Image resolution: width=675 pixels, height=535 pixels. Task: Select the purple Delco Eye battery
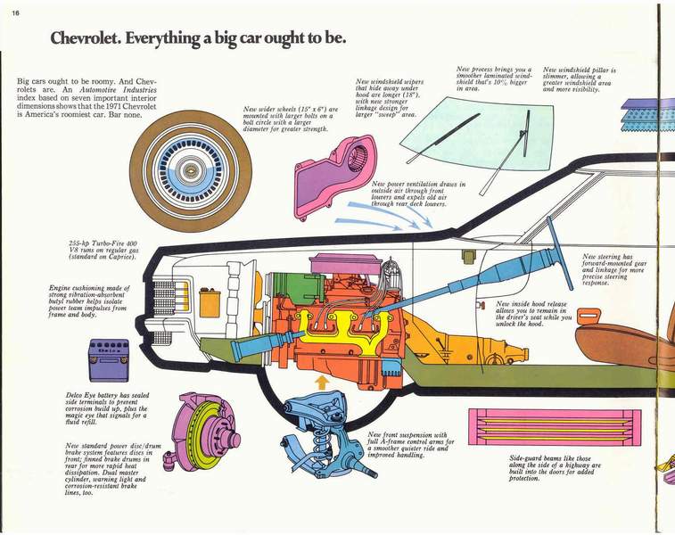[x=108, y=359]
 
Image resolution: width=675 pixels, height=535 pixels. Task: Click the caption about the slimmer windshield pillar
[x=580, y=79]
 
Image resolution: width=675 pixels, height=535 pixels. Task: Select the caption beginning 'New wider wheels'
[x=291, y=117]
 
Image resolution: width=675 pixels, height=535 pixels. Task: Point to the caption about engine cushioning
[x=89, y=300]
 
